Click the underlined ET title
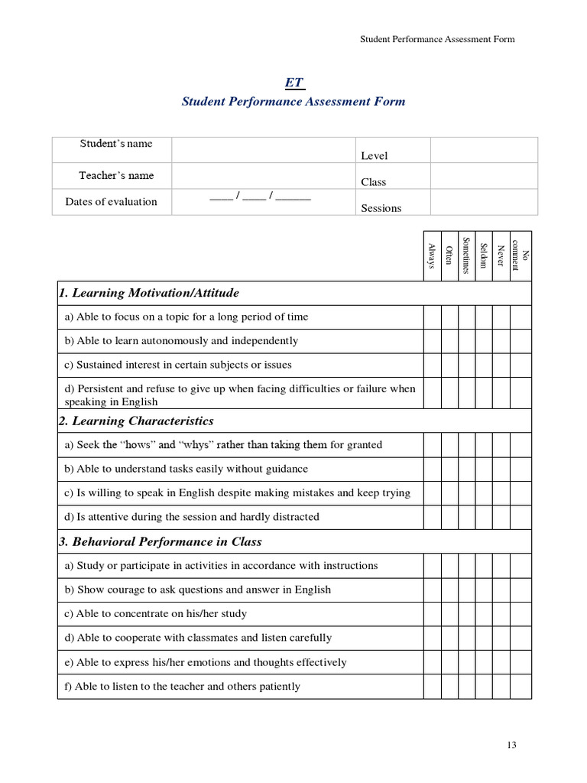tap(293, 83)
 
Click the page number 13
tap(512, 746)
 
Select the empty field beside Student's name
tap(264, 150)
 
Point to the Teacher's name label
tap(116, 175)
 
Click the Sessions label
tap(381, 208)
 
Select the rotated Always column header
tap(433, 256)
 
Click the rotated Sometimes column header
tap(466, 256)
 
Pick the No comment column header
tap(521, 256)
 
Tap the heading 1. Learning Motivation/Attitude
tap(149, 293)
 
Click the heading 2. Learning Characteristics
tap(136, 421)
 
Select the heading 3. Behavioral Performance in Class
tap(161, 541)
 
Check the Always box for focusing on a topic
tap(433, 317)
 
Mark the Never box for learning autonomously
tap(501, 341)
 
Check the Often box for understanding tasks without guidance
tap(449, 469)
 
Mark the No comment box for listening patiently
tap(521, 686)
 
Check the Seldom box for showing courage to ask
tap(483, 590)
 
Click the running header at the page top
tap(437, 40)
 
